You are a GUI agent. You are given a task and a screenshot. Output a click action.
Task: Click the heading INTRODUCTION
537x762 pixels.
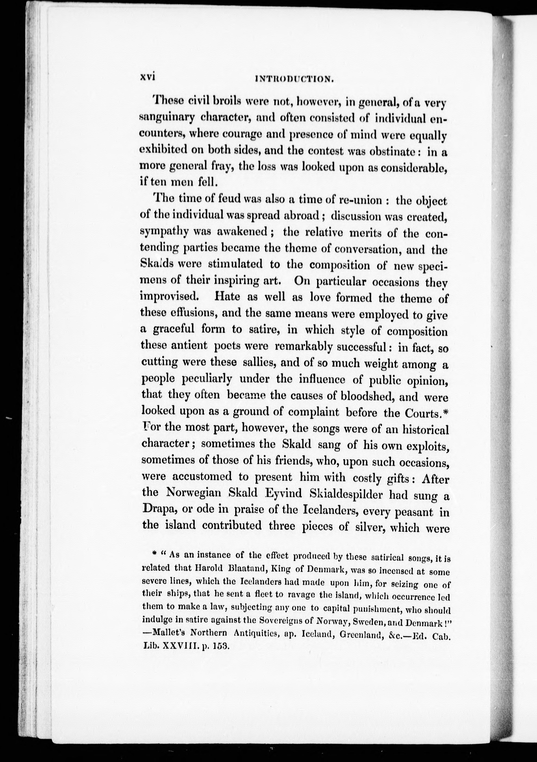click(x=293, y=79)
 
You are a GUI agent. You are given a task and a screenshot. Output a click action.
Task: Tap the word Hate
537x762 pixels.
click(x=227, y=296)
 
